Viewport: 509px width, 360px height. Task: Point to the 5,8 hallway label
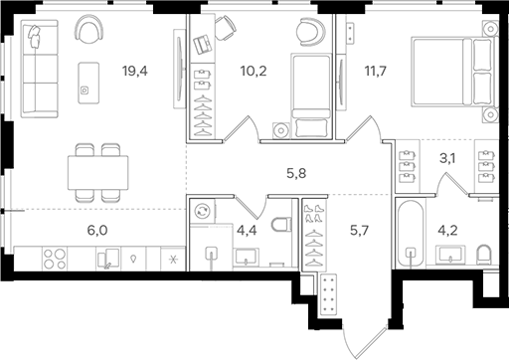[296, 174]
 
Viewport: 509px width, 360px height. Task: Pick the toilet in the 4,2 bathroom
[484, 254]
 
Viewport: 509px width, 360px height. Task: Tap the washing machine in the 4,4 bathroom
[203, 212]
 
